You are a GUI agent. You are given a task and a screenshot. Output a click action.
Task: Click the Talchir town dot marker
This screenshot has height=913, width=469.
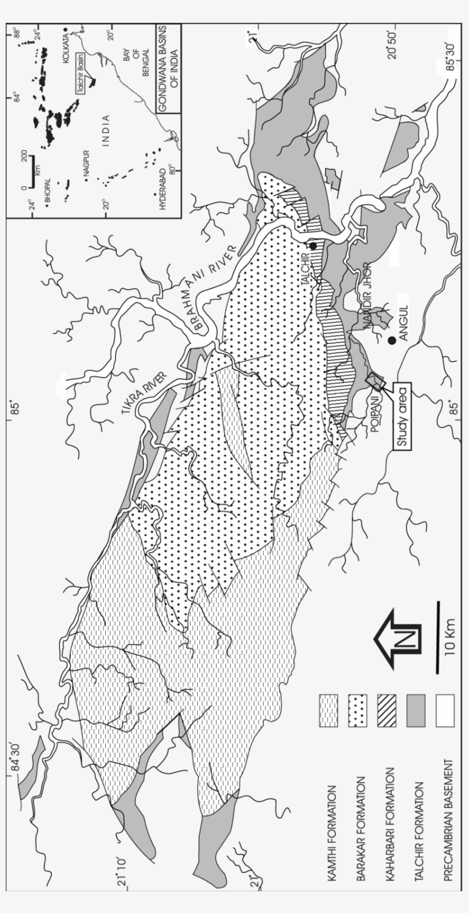pyautogui.click(x=313, y=246)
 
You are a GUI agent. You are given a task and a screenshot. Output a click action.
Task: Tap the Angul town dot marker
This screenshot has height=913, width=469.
pyautogui.click(x=392, y=341)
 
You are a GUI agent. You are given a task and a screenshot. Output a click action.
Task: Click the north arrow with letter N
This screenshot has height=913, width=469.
pyautogui.click(x=398, y=640)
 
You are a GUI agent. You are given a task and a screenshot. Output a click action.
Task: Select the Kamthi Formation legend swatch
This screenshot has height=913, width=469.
pyautogui.click(x=328, y=711)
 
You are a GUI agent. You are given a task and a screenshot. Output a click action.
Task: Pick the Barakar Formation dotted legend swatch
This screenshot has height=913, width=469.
pyautogui.click(x=357, y=711)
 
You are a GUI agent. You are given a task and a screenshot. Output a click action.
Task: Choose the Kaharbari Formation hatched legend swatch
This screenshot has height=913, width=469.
pyautogui.click(x=387, y=711)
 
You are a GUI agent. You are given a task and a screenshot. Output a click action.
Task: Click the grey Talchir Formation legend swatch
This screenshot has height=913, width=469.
pyautogui.click(x=416, y=711)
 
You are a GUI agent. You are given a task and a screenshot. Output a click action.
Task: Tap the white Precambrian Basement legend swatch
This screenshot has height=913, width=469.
pyautogui.click(x=445, y=711)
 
